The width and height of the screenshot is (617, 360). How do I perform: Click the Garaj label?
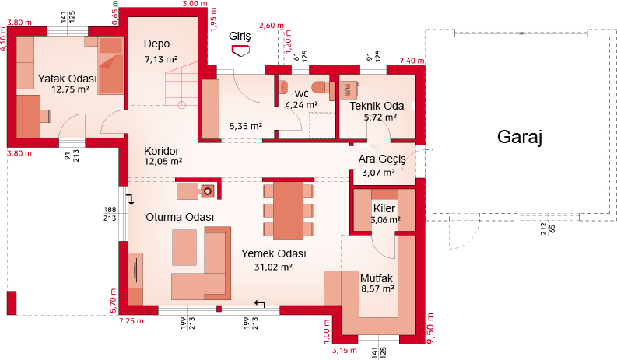[x=520, y=138]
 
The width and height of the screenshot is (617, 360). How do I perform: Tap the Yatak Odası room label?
[x=67, y=79]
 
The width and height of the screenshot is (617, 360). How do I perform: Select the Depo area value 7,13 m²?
[x=161, y=59]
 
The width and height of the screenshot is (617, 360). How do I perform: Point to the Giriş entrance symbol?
[x=240, y=51]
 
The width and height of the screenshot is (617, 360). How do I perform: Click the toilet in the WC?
[x=319, y=88]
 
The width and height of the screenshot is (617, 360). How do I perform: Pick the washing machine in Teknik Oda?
[x=349, y=90]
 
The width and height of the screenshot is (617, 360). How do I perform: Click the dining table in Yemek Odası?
[x=289, y=210]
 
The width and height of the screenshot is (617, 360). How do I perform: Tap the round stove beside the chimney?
[x=208, y=191]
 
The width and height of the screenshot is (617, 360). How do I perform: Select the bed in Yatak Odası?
[x=111, y=65]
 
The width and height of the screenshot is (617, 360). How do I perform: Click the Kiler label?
[x=384, y=208]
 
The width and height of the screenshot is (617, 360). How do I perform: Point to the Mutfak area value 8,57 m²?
[x=378, y=288]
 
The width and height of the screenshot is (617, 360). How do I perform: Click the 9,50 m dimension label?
[x=430, y=328]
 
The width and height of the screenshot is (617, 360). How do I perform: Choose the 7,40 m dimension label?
[x=412, y=61]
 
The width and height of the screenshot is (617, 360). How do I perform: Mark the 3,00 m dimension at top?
[x=195, y=4]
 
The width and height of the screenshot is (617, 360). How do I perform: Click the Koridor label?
[x=161, y=151]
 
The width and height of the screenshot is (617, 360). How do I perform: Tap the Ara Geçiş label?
[x=382, y=159]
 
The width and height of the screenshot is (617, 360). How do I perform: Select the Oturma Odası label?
[x=180, y=217]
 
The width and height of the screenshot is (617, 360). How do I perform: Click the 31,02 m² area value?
[x=273, y=267]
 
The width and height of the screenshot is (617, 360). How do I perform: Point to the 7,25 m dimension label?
[x=131, y=321]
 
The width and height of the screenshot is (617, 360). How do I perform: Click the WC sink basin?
[x=283, y=87]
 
